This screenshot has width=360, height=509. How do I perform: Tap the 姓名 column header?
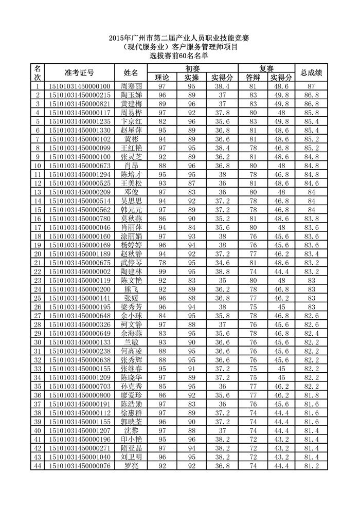(x=131, y=72)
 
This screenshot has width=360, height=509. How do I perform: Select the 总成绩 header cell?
(x=311, y=72)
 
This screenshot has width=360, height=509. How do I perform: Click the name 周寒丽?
(x=131, y=86)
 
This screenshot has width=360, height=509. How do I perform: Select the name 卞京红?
(x=131, y=121)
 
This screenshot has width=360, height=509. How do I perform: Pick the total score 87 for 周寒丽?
(x=311, y=86)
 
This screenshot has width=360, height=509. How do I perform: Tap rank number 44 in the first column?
(x=37, y=465)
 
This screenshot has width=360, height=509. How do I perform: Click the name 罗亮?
(x=131, y=465)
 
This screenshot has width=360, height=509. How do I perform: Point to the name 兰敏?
(x=131, y=342)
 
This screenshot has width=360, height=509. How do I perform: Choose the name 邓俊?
(x=131, y=192)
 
